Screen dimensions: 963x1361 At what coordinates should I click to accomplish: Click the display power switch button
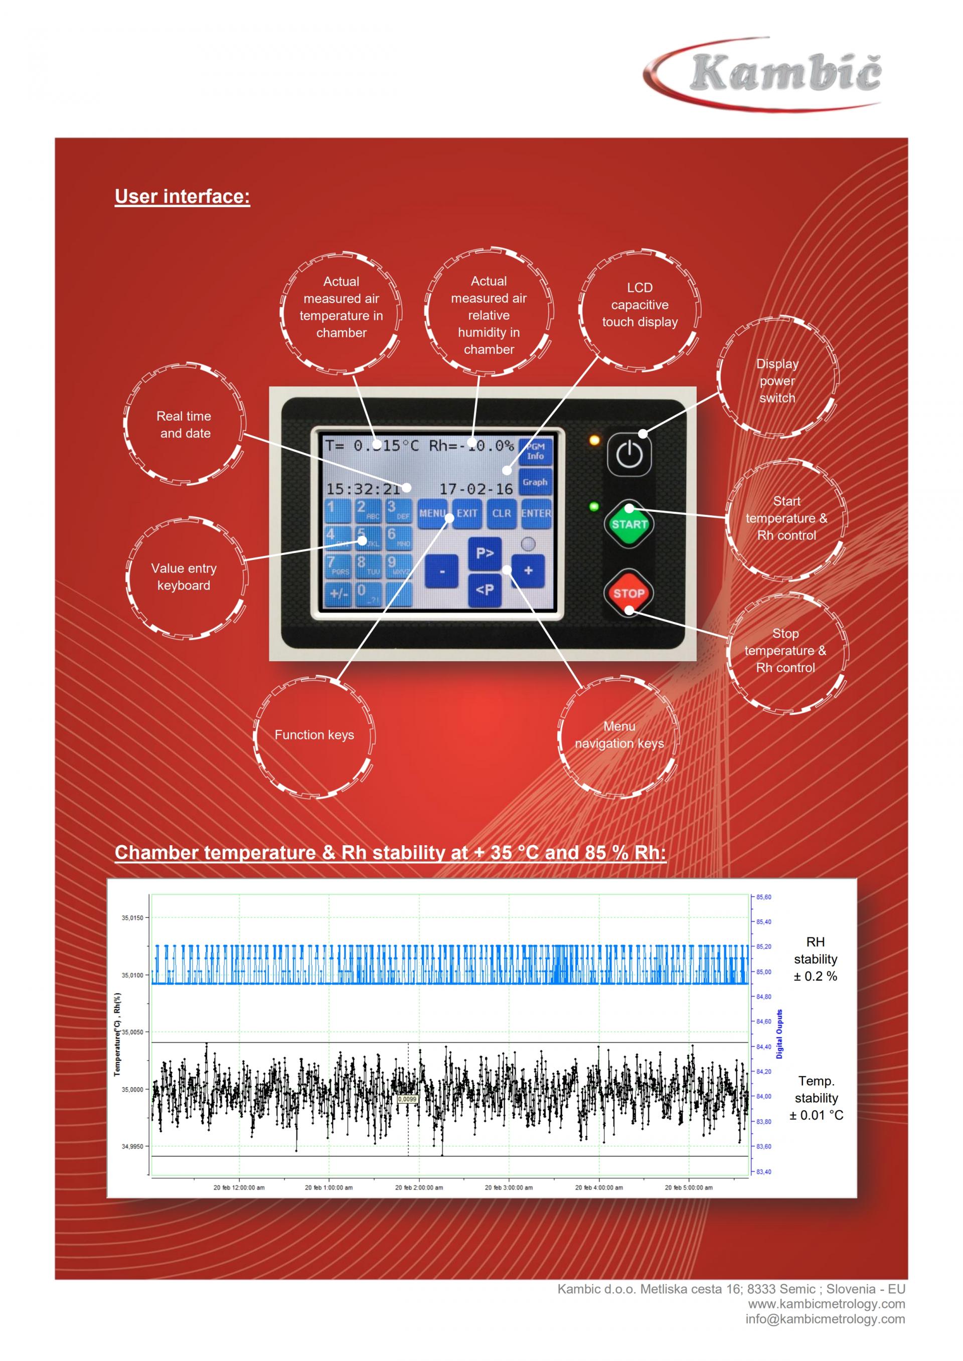[629, 455]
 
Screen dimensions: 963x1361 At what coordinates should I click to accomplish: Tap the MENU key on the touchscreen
[432, 513]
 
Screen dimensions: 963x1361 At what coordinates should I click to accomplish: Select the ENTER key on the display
[536, 513]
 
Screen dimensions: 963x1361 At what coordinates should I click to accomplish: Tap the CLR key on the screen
[502, 513]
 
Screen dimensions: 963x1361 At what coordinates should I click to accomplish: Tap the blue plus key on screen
[528, 570]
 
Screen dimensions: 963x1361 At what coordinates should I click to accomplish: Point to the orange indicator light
[594, 441]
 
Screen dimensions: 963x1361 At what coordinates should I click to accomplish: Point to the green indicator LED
[593, 507]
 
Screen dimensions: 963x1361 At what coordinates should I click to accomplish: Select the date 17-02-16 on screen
[475, 489]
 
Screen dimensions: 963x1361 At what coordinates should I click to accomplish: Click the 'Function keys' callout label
[314, 735]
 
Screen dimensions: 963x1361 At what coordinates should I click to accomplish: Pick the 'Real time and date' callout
[185, 425]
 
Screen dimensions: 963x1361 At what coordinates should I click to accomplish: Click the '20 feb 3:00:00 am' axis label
[508, 1188]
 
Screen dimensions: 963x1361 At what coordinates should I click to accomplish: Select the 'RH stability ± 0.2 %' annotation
[816, 958]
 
